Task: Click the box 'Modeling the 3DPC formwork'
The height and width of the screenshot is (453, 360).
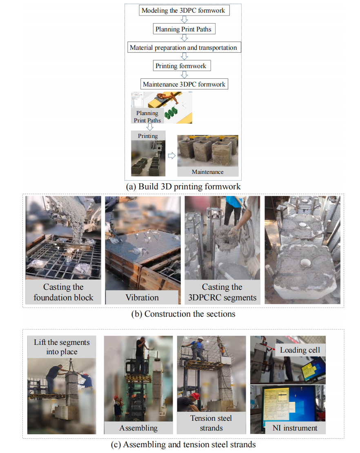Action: click(184, 10)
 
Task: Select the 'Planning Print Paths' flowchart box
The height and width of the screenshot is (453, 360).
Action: click(184, 29)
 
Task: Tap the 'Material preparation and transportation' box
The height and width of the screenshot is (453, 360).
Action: click(184, 47)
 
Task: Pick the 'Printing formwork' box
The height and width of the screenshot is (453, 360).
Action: click(182, 66)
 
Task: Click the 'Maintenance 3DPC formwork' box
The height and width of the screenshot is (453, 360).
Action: click(184, 84)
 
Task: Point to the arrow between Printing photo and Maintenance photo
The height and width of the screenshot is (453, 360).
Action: click(171, 156)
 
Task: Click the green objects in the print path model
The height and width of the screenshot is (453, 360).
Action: click(171, 113)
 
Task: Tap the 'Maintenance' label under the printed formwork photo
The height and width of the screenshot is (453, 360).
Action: click(208, 171)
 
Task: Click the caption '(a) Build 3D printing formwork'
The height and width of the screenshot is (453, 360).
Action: click(183, 187)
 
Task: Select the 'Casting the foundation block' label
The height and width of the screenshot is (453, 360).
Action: click(63, 292)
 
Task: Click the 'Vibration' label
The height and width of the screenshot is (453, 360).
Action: click(142, 297)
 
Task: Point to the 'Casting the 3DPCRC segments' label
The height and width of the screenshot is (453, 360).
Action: click(222, 292)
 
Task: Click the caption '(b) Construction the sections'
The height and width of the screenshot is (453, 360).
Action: click(183, 314)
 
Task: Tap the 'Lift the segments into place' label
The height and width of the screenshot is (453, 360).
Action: click(62, 346)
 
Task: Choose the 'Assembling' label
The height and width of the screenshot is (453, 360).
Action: click(138, 428)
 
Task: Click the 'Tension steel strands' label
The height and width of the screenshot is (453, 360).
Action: click(211, 423)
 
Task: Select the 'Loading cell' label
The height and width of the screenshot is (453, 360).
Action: click(300, 350)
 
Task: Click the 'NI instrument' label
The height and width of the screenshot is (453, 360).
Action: click(295, 428)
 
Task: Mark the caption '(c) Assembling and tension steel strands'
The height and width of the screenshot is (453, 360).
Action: click(183, 444)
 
